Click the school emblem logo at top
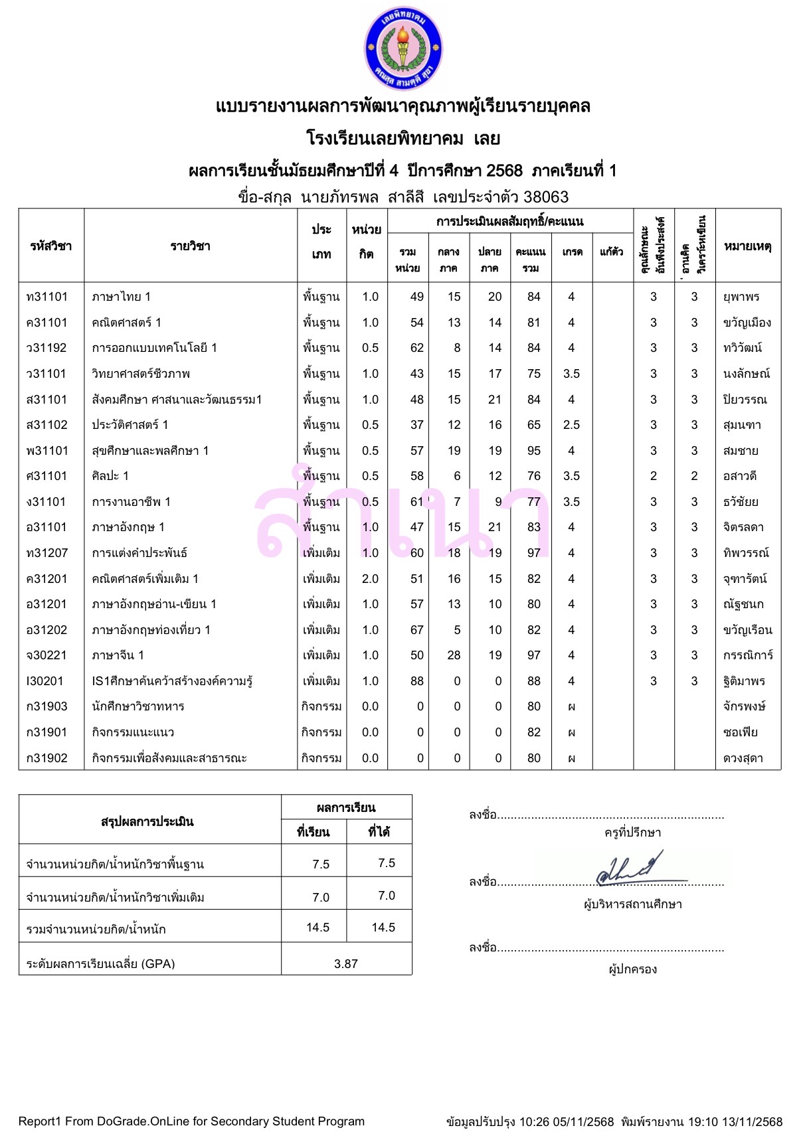(403, 48)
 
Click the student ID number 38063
(546, 197)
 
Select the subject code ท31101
(47, 297)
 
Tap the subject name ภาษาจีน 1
(118, 655)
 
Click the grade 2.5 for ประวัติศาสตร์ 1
(571, 425)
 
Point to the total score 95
(533, 451)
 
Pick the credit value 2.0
(370, 579)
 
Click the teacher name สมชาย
(741, 451)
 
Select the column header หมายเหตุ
(747, 246)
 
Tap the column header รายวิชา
(190, 246)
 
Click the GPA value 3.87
(346, 963)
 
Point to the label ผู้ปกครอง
(632, 969)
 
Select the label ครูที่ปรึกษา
(632, 833)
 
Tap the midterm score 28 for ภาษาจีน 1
(454, 655)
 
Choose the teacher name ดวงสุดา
(743, 758)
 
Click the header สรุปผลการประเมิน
(147, 821)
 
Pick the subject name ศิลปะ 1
(110, 476)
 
